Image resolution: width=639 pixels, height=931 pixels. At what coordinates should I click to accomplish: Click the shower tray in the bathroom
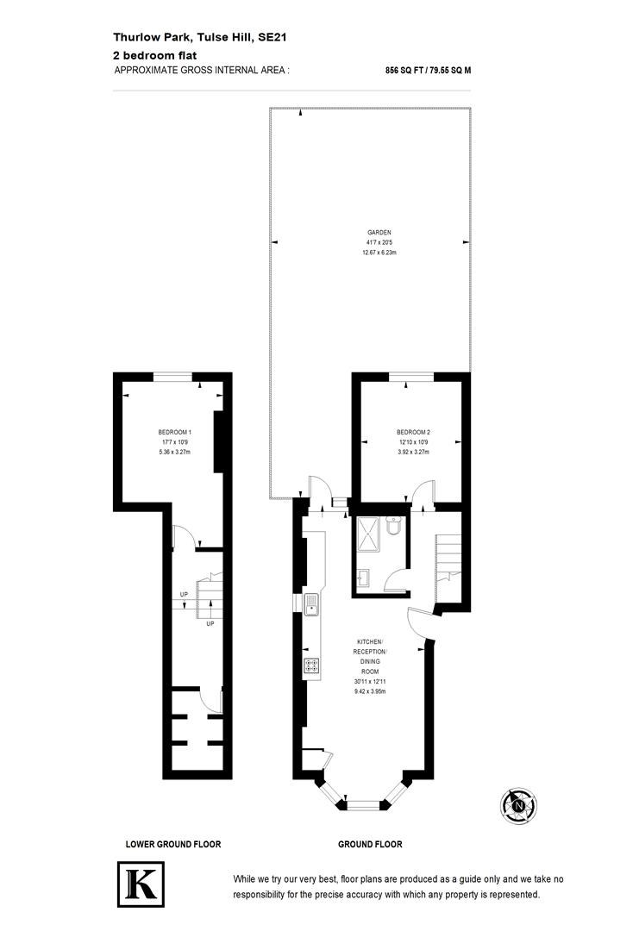(369, 535)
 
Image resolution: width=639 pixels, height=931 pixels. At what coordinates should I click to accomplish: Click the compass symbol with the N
(518, 805)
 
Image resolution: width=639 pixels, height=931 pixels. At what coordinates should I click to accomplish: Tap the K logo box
(141, 884)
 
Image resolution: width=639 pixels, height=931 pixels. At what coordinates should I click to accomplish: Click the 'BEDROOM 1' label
(174, 432)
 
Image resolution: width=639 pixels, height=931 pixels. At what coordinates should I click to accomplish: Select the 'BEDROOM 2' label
(413, 432)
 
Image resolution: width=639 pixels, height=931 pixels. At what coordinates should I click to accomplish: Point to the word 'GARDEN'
(379, 233)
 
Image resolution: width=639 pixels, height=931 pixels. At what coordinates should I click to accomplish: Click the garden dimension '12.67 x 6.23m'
(379, 253)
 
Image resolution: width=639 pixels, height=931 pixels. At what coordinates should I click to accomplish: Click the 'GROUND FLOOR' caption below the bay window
(370, 845)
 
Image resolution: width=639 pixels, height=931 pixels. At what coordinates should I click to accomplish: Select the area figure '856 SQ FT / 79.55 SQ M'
(428, 72)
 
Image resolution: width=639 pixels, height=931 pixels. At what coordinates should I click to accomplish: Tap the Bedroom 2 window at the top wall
(411, 376)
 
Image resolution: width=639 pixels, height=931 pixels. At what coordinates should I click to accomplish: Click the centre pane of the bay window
(362, 805)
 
